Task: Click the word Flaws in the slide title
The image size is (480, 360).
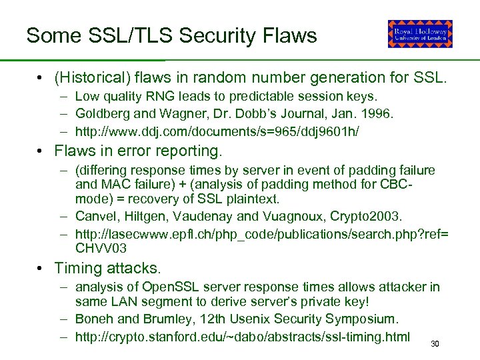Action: coord(287,35)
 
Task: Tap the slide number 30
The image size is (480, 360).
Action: coord(435,344)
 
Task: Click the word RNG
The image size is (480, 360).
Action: coord(155,97)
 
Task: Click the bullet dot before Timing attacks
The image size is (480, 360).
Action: coord(41,269)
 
